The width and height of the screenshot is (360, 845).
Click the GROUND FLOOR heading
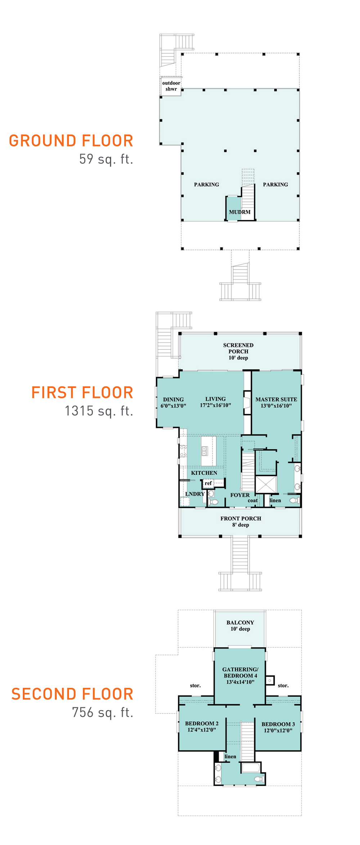[71, 141]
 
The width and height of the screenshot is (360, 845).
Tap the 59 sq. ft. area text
[106, 159]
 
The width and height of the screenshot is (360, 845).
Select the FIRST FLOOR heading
[82, 393]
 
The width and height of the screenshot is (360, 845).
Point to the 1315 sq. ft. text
[99, 411]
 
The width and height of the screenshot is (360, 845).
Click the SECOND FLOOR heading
[72, 694]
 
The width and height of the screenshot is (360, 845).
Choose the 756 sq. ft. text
[103, 712]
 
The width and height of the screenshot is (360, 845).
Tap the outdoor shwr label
[171, 86]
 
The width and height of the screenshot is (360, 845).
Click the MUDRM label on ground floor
[239, 212]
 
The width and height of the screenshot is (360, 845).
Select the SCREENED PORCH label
[238, 348]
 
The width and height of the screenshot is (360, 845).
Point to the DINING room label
[173, 399]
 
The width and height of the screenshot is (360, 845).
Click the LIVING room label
[215, 399]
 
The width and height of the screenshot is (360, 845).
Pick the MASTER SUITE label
[276, 399]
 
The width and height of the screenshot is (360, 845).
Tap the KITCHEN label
[204, 473]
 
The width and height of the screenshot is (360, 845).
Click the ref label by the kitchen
[208, 483]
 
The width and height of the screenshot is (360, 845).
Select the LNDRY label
[195, 494]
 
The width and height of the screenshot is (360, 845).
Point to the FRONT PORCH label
[241, 519]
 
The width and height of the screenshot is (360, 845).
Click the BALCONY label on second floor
[240, 623]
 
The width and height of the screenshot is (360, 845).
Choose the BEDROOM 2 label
[202, 723]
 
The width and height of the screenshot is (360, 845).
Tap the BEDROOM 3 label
[278, 724]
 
